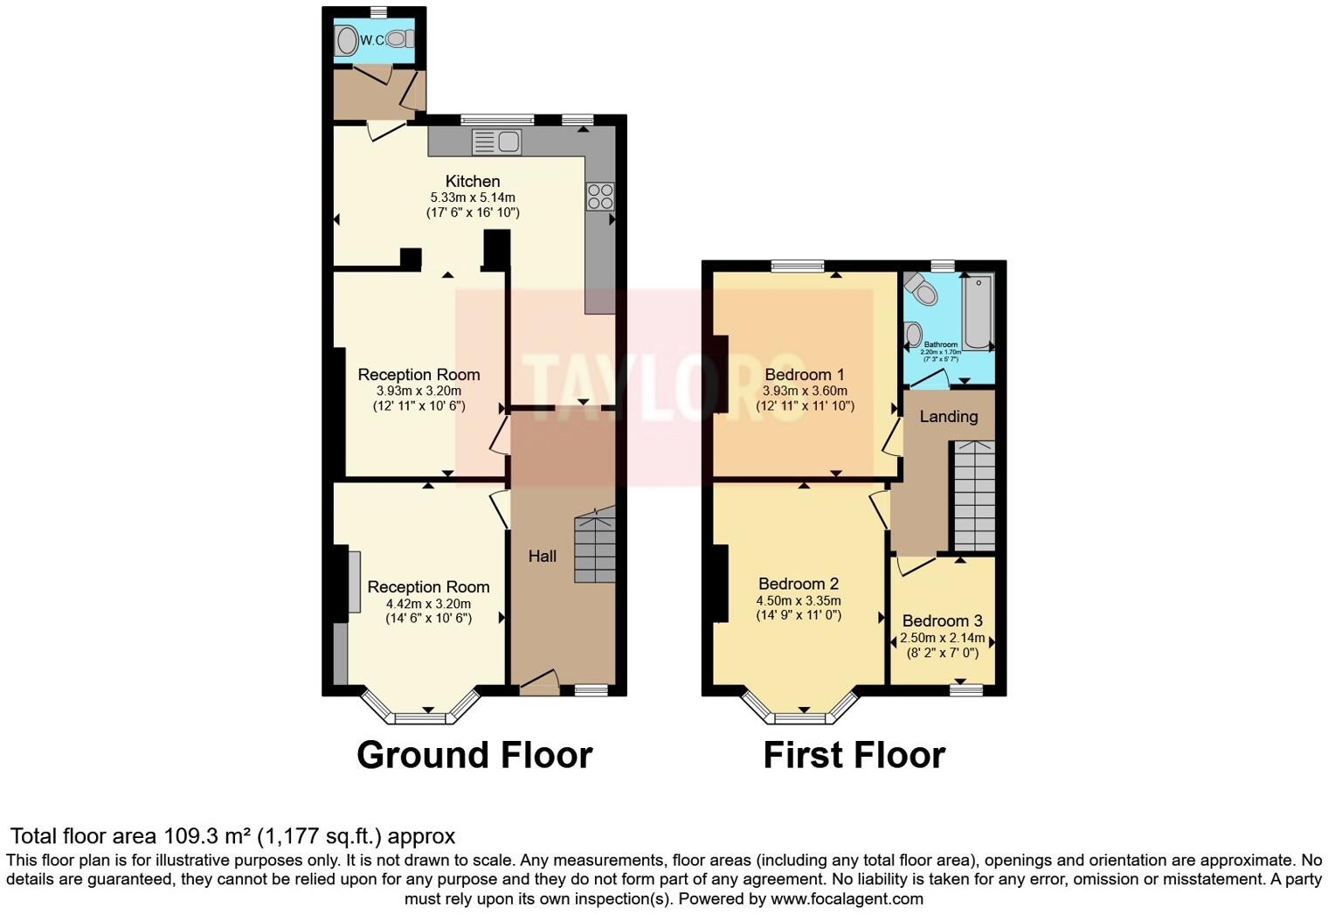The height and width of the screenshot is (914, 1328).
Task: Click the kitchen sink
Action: (x=495, y=142)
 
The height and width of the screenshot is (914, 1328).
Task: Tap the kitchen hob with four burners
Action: (x=600, y=196)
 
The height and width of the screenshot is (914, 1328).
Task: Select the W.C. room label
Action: (x=372, y=39)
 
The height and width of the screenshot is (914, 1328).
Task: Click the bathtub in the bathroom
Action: (x=979, y=312)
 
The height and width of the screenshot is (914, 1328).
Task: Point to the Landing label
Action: (x=948, y=417)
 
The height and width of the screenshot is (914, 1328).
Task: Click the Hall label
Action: (x=542, y=556)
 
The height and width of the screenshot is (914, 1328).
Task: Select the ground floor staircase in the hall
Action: (x=595, y=547)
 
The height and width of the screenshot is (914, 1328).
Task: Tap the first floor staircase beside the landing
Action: (x=973, y=495)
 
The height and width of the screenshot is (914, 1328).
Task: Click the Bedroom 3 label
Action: (x=942, y=621)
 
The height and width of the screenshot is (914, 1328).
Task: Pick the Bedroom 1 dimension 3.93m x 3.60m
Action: (x=805, y=391)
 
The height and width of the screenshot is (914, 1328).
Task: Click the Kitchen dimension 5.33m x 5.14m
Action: (x=473, y=197)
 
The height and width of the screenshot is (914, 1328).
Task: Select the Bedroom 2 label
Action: (x=798, y=584)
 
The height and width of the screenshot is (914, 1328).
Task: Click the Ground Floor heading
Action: (x=474, y=755)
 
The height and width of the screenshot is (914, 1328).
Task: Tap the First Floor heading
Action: (x=854, y=755)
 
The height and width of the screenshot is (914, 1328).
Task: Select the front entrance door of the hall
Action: (x=538, y=682)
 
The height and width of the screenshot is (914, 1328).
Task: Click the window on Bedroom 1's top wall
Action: (x=798, y=266)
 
